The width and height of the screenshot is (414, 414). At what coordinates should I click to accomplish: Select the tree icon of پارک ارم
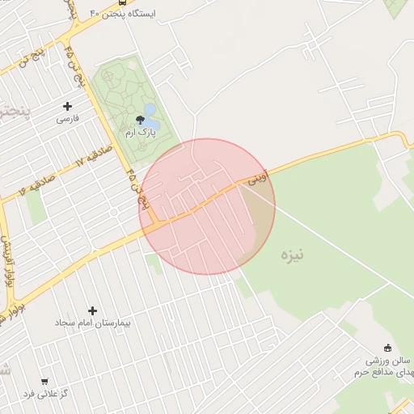coord(141,120)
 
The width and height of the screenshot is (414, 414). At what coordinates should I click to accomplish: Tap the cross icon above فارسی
coord(67,106)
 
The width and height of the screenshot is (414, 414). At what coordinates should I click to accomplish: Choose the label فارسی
coord(67,118)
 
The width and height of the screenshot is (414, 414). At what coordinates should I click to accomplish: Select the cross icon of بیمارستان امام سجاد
coord(92,310)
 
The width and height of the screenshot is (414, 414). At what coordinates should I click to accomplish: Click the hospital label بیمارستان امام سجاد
coord(92,323)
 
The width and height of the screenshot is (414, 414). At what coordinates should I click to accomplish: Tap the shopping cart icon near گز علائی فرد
coord(44,381)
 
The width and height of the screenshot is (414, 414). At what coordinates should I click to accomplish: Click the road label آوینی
coord(256,180)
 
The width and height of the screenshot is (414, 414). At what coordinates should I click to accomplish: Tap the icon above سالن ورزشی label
coord(387,347)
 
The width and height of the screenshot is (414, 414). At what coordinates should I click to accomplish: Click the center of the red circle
coord(207,206)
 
